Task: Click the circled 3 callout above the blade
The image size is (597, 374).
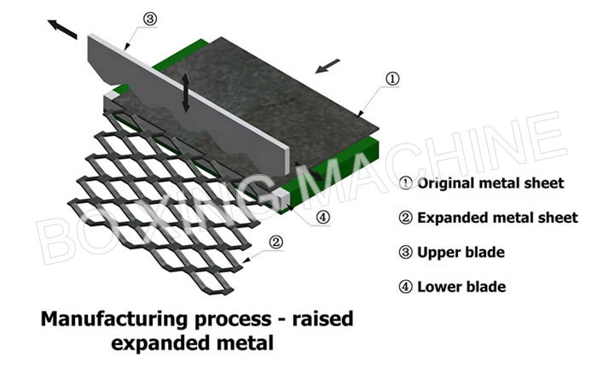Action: pyautogui.click(x=150, y=19)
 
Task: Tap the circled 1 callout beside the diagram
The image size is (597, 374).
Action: pyautogui.click(x=392, y=79)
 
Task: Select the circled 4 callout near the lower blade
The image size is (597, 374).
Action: pyautogui.click(x=323, y=217)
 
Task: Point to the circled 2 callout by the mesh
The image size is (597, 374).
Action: pyautogui.click(x=276, y=243)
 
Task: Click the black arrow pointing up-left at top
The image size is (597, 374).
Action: pyautogui.click(x=62, y=29)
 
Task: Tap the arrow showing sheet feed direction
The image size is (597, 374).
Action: pyautogui.click(x=327, y=66)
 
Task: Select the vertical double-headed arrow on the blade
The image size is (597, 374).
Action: pyautogui.click(x=185, y=92)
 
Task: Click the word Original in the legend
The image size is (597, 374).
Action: pyautogui.click(x=446, y=184)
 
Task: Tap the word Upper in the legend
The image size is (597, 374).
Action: pyautogui.click(x=437, y=253)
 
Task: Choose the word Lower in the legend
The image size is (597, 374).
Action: pyautogui.click(x=438, y=287)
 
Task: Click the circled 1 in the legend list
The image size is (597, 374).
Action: pyautogui.click(x=405, y=184)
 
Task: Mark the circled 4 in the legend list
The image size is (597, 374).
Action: pyautogui.click(x=405, y=287)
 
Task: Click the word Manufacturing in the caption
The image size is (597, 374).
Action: pyautogui.click(x=113, y=319)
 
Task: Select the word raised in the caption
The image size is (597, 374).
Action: pyautogui.click(x=323, y=318)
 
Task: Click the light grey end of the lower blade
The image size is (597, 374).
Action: pyautogui.click(x=281, y=197)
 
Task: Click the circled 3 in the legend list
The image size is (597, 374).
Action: pyautogui.click(x=405, y=253)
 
